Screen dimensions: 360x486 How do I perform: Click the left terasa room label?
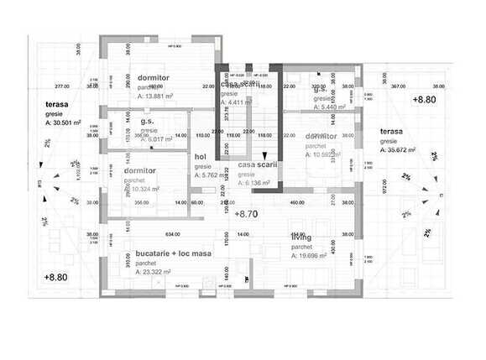coord(58,105)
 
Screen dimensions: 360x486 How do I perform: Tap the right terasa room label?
coord(391,132)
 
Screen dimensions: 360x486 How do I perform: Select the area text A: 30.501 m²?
coord(64,123)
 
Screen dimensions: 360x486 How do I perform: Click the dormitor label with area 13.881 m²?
coord(154,77)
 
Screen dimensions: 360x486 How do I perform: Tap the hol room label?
coord(200,156)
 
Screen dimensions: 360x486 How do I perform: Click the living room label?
coord(300,237)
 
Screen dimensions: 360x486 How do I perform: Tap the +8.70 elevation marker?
coord(246,215)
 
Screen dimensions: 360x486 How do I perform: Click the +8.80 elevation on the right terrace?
coord(424,99)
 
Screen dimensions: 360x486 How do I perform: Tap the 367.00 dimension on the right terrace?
coord(398,86)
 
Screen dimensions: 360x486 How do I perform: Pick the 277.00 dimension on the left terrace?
coord(60,86)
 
